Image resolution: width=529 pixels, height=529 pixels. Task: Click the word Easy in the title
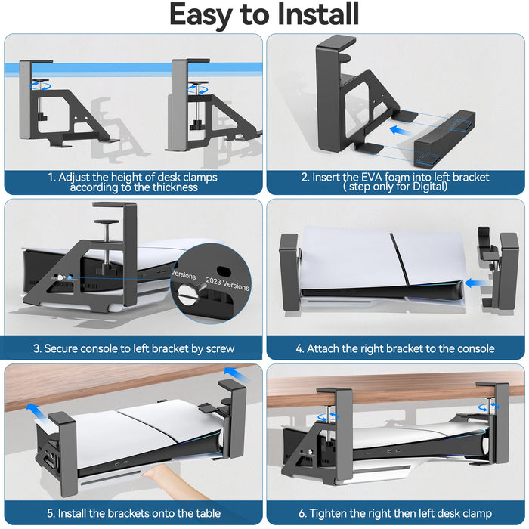coord(203,15)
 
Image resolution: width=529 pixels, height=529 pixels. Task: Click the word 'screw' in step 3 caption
coord(219,348)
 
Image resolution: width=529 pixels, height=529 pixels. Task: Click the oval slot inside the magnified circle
coord(221,271)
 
